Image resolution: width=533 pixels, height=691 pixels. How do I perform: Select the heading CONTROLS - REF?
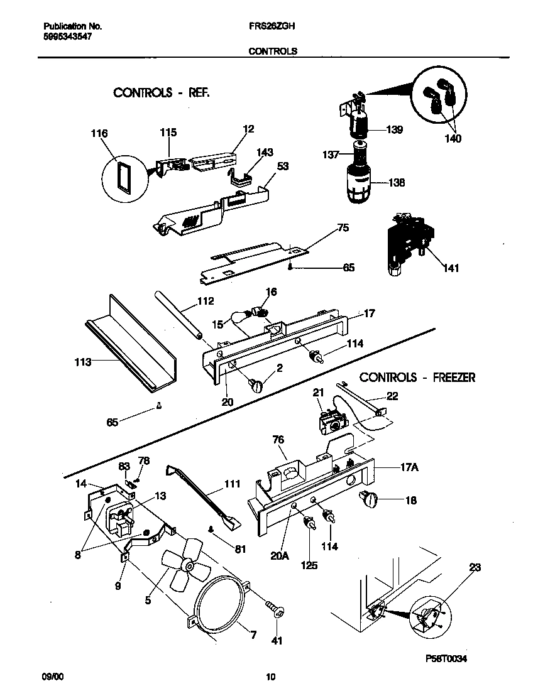[161, 92]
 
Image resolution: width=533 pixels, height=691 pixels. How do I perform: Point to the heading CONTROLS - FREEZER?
[417, 378]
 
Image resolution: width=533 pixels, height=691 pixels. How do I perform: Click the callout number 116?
[99, 133]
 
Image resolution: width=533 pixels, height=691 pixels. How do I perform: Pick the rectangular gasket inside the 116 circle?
[123, 177]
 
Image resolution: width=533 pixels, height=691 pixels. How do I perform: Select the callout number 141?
[451, 268]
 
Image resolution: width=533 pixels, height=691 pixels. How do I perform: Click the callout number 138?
[396, 183]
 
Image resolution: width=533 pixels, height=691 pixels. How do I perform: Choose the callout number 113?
[82, 362]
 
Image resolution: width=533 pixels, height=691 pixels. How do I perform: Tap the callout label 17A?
[409, 467]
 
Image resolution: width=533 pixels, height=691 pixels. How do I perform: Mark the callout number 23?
[475, 567]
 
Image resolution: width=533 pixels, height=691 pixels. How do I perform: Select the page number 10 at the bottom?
[270, 677]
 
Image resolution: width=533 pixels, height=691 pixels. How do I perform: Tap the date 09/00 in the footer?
[53, 677]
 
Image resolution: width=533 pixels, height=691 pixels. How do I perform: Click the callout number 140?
[453, 139]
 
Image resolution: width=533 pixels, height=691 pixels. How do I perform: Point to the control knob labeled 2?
[258, 385]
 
